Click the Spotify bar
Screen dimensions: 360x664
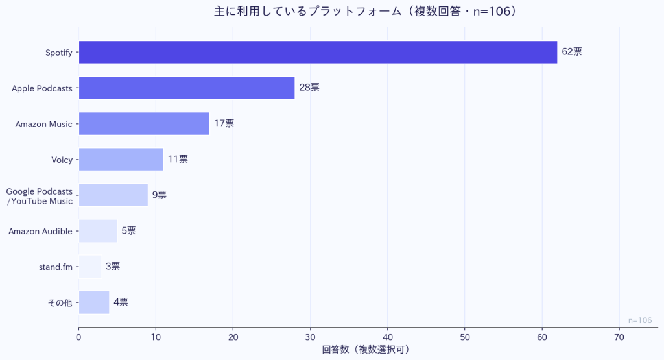[x=318, y=52]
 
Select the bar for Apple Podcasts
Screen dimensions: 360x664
[x=187, y=88]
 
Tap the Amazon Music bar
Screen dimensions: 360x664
[x=144, y=123]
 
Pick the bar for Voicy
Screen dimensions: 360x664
[x=121, y=159]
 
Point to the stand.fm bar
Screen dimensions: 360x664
[x=90, y=267]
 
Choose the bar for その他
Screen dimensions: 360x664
[x=94, y=302]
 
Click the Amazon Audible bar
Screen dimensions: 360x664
[x=98, y=231]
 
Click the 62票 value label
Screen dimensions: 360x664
[x=572, y=52]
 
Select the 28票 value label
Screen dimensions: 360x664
[x=309, y=88]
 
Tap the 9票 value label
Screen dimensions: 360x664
[x=160, y=195]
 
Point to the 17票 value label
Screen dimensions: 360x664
[x=224, y=123]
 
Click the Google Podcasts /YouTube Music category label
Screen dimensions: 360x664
[x=40, y=195]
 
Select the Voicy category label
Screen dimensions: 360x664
[x=62, y=160]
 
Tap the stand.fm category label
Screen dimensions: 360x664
[x=56, y=267]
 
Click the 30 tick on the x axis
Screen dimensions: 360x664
[x=311, y=337]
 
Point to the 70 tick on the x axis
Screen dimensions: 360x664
[x=619, y=337]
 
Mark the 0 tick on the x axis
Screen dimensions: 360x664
[x=79, y=337]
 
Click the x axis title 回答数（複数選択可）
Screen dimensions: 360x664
[x=366, y=350]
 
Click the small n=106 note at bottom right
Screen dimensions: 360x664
[x=640, y=320]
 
